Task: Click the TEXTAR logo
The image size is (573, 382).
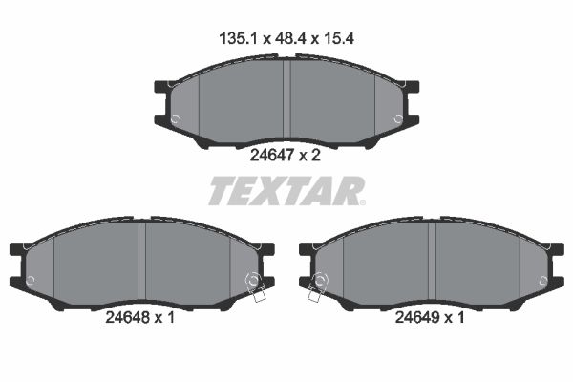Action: (286, 190)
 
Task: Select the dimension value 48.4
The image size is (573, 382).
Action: (290, 38)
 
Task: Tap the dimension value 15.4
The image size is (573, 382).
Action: (337, 38)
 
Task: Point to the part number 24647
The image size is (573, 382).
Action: (272, 156)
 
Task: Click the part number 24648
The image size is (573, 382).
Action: (128, 317)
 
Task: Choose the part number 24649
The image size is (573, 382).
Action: (417, 317)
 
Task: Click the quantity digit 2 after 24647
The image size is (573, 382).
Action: (316, 156)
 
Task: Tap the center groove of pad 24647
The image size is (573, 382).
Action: (286, 100)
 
